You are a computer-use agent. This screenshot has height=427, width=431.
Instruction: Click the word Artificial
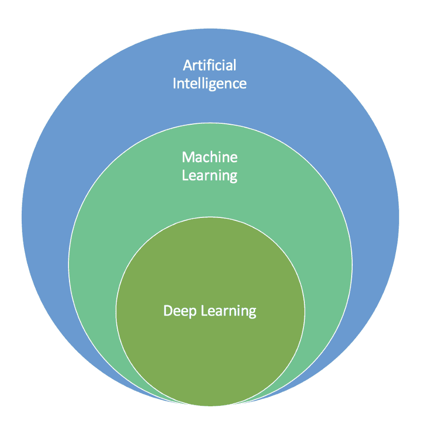point(209,65)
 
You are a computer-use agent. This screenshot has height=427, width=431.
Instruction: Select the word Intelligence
point(209,83)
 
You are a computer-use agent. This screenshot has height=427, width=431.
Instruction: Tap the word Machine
point(209,157)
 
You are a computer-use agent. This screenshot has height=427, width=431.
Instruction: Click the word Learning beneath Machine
point(209,176)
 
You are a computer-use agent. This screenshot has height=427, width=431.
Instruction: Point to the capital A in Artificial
point(187,65)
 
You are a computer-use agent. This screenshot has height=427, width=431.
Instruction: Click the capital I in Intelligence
point(174,82)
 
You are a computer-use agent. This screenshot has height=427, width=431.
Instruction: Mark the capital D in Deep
point(167,311)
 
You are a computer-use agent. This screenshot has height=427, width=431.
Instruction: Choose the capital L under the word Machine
point(185,175)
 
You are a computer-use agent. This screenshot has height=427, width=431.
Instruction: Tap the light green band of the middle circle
point(99,247)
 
